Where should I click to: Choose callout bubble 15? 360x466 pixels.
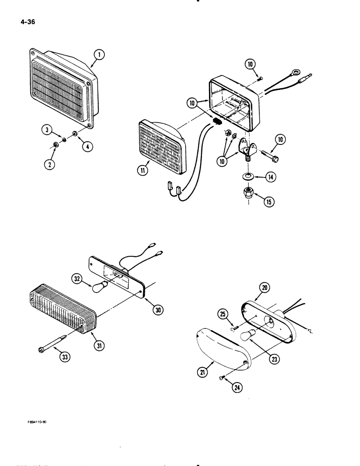(x=269, y=201)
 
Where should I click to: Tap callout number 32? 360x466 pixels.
(x=78, y=280)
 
